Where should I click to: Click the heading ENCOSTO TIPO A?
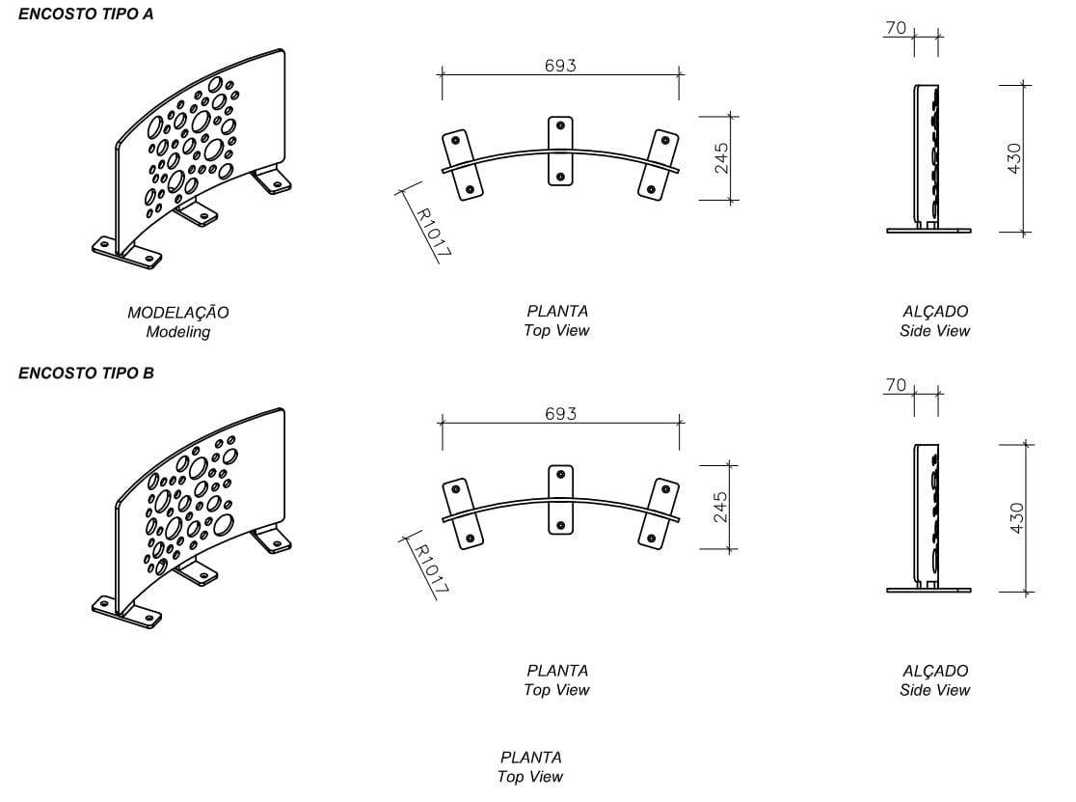click(x=86, y=14)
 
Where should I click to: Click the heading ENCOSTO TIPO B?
click(x=86, y=373)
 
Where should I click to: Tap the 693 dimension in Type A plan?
click(x=560, y=66)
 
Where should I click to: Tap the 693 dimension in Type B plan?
click(x=560, y=413)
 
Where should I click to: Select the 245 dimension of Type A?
click(x=722, y=157)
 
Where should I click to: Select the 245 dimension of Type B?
click(x=722, y=506)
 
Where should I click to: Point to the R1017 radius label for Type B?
click(x=431, y=568)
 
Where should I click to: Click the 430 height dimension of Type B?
click(x=1016, y=518)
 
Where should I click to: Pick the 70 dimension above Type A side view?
click(x=896, y=28)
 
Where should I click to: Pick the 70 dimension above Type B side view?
click(x=896, y=386)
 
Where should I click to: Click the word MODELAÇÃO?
click(x=178, y=313)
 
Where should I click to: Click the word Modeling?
click(x=178, y=332)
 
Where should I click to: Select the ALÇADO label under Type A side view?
click(x=935, y=312)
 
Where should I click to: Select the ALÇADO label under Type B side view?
click(x=935, y=671)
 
